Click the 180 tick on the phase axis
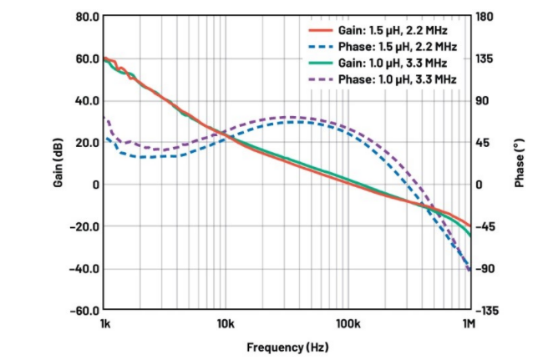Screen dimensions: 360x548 (485, 16)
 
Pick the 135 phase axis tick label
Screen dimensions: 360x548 (485, 58)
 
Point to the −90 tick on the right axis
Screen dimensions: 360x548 (486, 268)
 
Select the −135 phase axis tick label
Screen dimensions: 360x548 (488, 311)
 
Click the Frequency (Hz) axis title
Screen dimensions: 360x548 (287, 346)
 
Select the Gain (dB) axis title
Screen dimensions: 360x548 (58, 163)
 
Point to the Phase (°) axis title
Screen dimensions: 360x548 (519, 163)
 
